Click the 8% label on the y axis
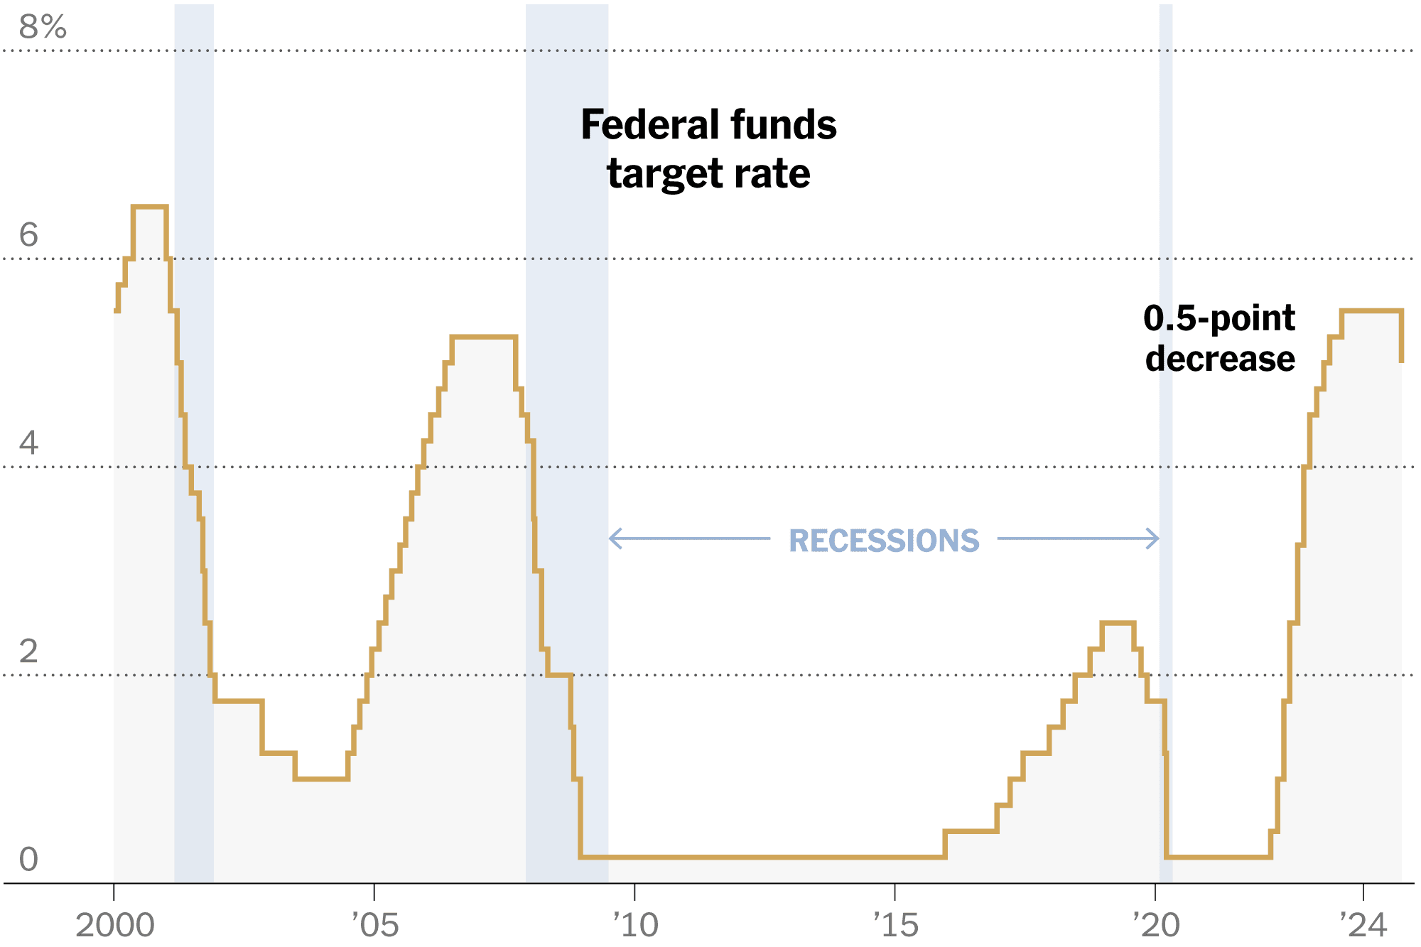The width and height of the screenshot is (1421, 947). [x=43, y=27]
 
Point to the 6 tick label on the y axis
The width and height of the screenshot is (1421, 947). [x=28, y=235]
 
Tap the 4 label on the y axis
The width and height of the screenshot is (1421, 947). [x=28, y=443]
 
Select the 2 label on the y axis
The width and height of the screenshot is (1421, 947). [x=28, y=651]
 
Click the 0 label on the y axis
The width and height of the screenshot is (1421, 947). [x=28, y=859]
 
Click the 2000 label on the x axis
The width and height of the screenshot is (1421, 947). [x=114, y=925]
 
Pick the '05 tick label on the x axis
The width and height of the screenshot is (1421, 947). [x=375, y=925]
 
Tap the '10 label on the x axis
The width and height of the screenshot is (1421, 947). [x=635, y=925]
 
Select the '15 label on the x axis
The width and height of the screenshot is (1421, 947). [x=895, y=925]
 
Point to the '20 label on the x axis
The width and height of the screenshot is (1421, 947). [x=1155, y=925]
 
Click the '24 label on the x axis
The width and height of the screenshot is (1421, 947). [x=1363, y=925]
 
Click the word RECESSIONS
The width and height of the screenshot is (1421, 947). [x=884, y=541]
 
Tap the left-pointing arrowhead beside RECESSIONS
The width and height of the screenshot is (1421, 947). [x=613, y=539]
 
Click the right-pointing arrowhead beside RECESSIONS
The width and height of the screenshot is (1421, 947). [x=1155, y=539]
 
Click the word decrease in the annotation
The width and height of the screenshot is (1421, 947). [x=1220, y=358]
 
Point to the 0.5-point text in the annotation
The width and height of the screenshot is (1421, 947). [x=1219, y=318]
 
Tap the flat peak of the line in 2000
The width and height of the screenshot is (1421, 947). [x=149, y=207]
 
